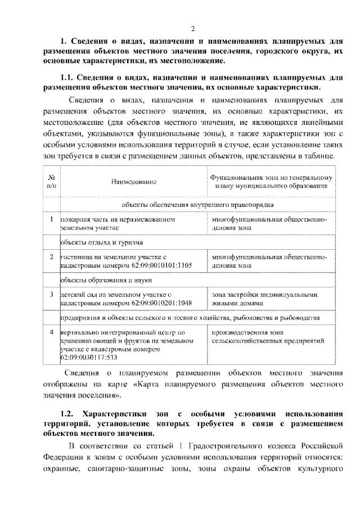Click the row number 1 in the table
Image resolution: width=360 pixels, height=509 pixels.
point(51,219)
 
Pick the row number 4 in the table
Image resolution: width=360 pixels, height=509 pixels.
point(51,332)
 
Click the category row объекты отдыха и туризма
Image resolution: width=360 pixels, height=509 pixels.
point(98,242)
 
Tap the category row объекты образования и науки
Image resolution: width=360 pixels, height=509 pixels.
point(103,280)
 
